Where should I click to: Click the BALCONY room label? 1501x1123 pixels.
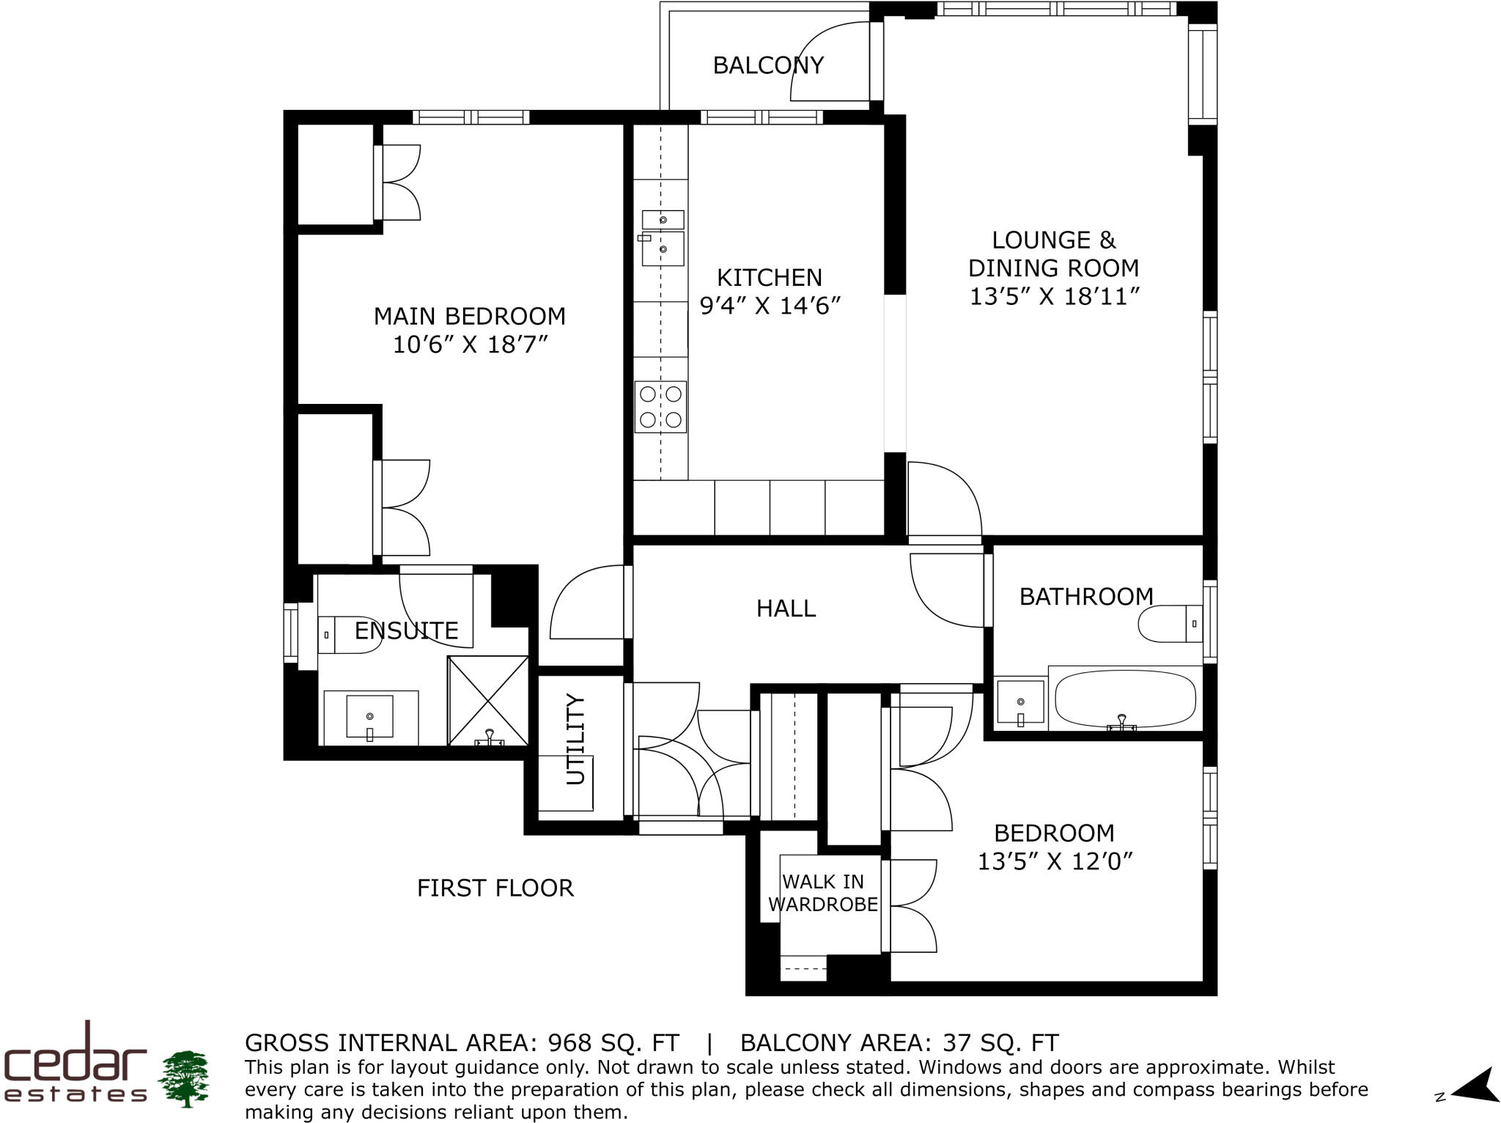pos(768,66)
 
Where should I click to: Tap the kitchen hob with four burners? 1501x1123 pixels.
pos(660,407)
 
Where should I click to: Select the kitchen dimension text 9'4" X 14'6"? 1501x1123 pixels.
pos(770,306)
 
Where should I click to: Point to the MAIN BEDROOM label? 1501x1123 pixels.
pos(470,317)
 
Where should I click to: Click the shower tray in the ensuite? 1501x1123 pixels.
pos(487,701)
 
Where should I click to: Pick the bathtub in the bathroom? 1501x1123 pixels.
pos(1124,698)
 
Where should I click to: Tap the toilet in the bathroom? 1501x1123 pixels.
pos(1168,624)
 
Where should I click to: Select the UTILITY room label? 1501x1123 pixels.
pos(577,739)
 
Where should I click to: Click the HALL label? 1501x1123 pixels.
pos(786,608)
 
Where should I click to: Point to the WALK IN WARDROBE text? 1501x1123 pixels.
pos(823,893)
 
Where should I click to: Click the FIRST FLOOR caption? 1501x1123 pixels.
pos(495,888)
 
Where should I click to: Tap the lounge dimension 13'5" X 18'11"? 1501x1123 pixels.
pos(1055,297)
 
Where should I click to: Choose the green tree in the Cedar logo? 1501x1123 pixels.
pos(184,1078)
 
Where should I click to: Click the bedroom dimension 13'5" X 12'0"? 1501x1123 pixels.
pos(1055,861)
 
